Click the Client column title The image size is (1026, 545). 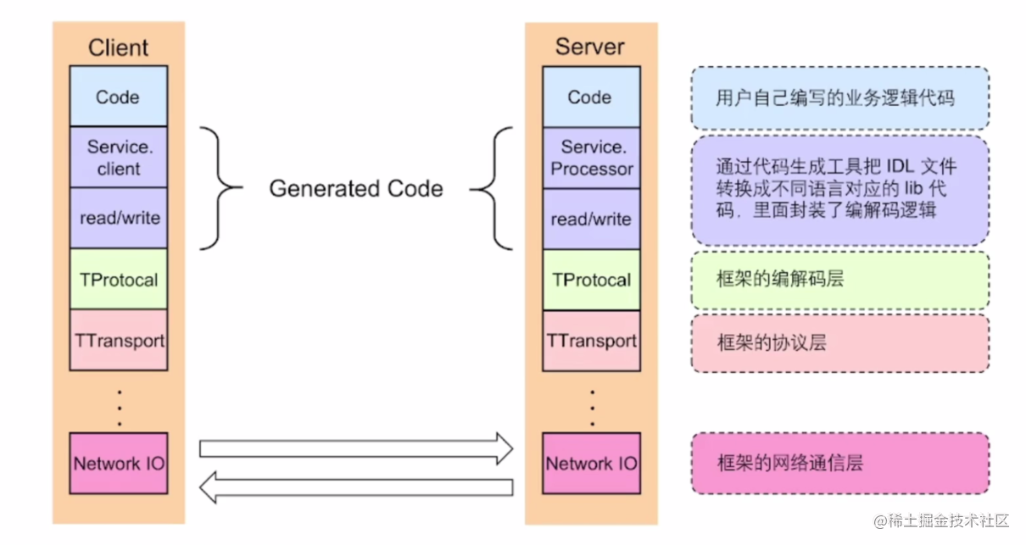point(118,47)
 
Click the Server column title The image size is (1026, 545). point(589,46)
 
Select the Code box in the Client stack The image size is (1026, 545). point(118,97)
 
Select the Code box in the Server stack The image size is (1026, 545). point(590,97)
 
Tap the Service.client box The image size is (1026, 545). point(118,157)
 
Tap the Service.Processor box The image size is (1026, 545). point(591,158)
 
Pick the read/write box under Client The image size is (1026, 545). point(118,218)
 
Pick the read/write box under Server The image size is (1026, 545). point(591,219)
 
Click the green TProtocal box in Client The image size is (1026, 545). point(118,279)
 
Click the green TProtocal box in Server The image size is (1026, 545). point(591,280)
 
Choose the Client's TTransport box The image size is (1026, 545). point(118,340)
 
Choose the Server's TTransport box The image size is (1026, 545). point(591,341)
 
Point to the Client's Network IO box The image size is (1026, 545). point(118,463)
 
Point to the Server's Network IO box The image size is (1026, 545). point(591,463)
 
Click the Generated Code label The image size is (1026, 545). point(356,188)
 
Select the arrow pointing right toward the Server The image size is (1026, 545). point(356,448)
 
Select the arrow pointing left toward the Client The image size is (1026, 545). point(356,487)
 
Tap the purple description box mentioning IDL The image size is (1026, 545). point(839,189)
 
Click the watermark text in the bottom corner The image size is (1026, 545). point(941,520)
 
